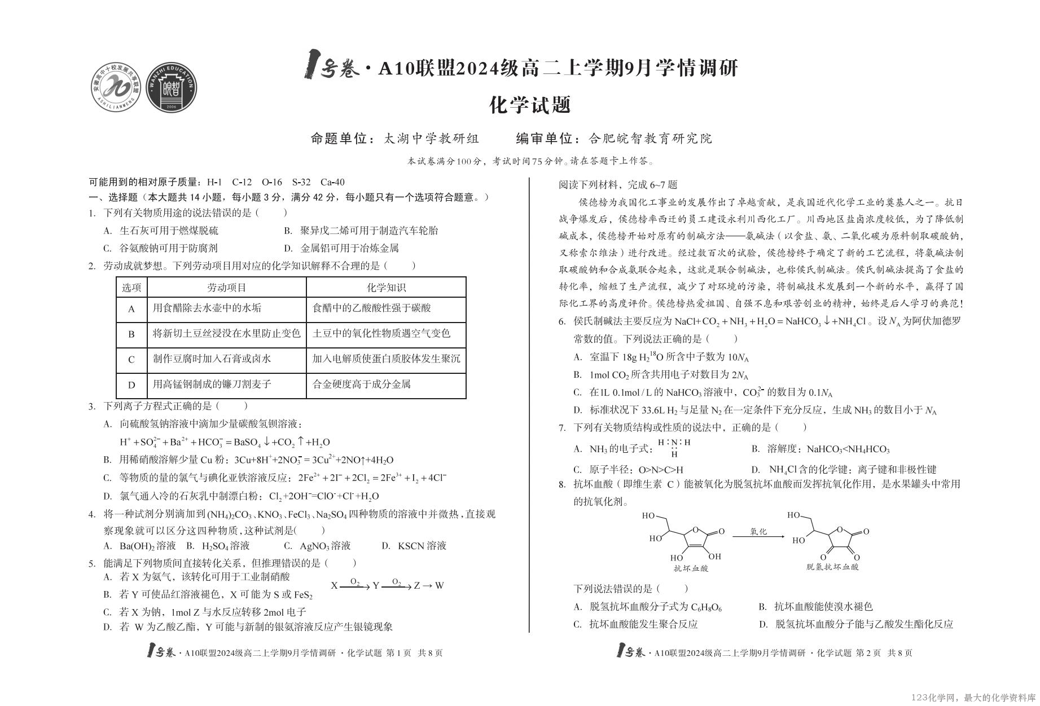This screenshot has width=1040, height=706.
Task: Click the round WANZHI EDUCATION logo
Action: tap(172, 86)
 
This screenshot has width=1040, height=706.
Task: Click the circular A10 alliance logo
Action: tap(117, 86)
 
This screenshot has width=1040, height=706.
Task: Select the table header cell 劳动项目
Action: tap(226, 288)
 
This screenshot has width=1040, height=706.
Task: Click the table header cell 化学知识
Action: tap(386, 288)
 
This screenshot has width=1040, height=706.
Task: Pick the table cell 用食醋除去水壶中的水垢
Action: tap(207, 308)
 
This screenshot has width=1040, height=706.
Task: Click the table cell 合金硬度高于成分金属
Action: tap(362, 385)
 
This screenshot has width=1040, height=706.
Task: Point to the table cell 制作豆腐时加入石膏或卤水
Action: tap(212, 359)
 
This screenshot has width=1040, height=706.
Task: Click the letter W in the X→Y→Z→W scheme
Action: tap(440, 585)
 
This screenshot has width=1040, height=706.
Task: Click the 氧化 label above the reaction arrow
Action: tap(758, 531)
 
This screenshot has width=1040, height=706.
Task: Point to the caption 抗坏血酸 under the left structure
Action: tap(691, 568)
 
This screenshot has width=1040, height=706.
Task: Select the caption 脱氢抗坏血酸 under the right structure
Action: tap(832, 567)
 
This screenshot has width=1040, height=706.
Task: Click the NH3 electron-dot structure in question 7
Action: tap(674, 448)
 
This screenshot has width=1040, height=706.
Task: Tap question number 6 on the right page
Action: tap(562, 322)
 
